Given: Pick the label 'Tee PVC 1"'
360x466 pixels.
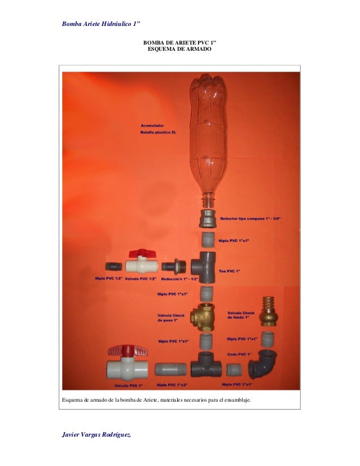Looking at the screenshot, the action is [x=230, y=272].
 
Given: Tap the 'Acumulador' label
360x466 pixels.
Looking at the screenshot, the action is [x=152, y=125].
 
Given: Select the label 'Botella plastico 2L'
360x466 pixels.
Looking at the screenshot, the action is [x=159, y=132].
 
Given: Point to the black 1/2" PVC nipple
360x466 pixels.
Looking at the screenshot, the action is [x=113, y=265].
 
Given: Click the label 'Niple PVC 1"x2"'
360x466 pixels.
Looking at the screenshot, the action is [x=174, y=385].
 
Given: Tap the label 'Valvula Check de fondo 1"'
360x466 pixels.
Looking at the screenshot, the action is [x=242, y=315].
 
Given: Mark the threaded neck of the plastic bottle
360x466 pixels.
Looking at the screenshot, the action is [x=209, y=199].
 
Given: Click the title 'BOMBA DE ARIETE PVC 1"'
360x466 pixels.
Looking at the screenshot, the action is [x=179, y=43].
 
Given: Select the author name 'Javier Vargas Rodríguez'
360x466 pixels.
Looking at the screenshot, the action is [x=97, y=433].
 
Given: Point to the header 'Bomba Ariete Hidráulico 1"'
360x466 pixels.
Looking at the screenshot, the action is [x=101, y=24].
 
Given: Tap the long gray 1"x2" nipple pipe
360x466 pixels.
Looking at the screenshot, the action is [x=170, y=369].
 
